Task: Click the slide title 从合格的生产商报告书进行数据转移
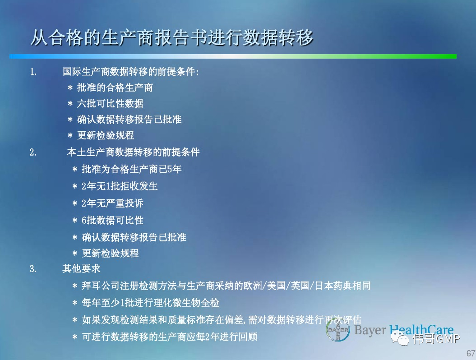pos(172,37)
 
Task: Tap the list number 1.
pos(33,72)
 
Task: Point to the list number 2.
pos(33,152)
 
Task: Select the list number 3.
pos(33,268)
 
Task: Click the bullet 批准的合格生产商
pos(115,88)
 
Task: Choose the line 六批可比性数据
pos(110,103)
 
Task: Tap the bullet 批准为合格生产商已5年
pos(131,169)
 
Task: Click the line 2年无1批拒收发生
pos(119,186)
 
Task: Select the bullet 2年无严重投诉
pos(112,203)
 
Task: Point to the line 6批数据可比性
pos(112,220)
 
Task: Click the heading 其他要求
pos(81,268)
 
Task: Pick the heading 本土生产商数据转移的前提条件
pos(133,152)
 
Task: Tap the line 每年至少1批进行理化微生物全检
pos(150,303)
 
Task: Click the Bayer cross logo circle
pos(338,330)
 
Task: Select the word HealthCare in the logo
pos(421,330)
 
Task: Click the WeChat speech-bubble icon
pos(400,338)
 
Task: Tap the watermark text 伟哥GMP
pos(436,338)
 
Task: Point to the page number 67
pos(471,353)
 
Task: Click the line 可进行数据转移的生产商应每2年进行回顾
pos(169,337)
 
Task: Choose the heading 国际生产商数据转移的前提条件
pos(131,72)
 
